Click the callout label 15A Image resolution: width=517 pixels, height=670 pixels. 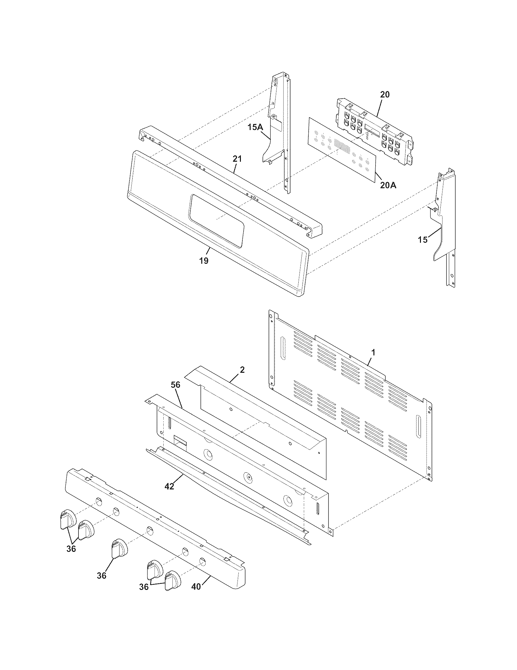pos(255,127)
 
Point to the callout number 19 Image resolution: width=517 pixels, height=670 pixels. pos(204,261)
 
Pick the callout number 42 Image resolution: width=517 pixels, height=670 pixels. pos(169,486)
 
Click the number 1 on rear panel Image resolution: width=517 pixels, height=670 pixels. pos(373,353)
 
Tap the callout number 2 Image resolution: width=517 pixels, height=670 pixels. pos(242,370)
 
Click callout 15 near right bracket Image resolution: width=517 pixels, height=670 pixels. pos(423,240)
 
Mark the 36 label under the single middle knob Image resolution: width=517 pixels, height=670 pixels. pos(102,576)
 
